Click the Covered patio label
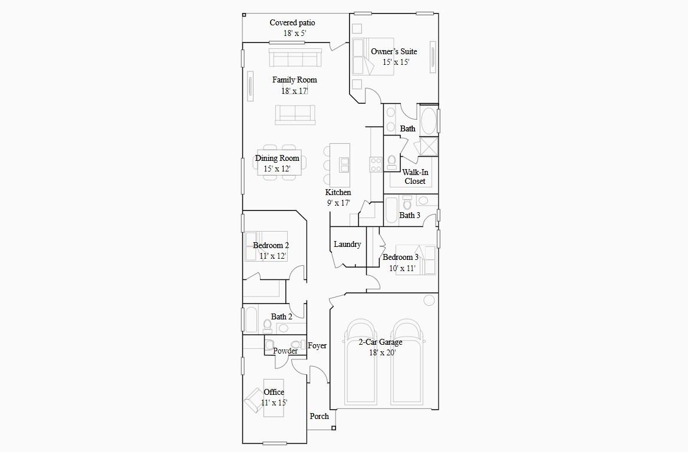292,23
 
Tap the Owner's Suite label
394,51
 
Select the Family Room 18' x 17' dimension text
295,91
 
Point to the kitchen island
340,165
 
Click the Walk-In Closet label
415,177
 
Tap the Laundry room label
347,245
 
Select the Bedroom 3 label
401,258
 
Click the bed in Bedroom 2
266,246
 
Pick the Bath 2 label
282,317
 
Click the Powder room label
285,351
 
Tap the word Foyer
317,346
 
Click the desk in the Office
274,398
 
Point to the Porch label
320,416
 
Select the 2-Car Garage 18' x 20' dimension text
383,353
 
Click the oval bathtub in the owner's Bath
428,121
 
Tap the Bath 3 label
410,216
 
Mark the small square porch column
334,428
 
